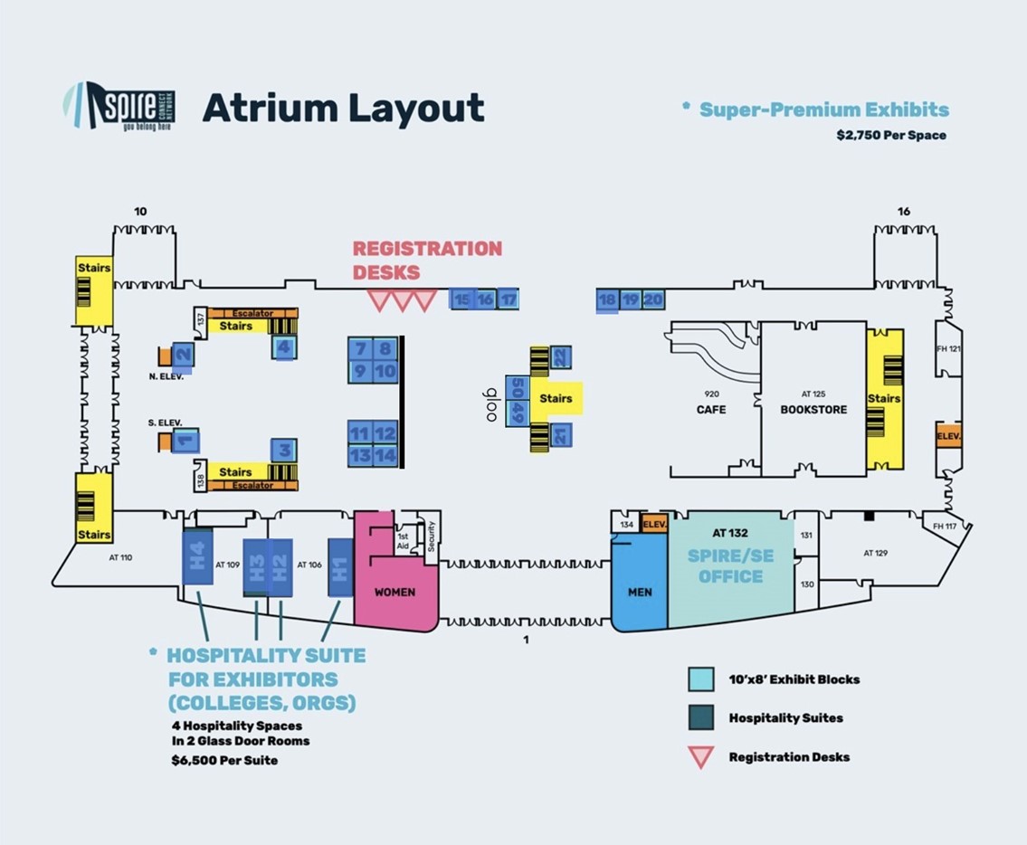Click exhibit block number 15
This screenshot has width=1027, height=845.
462,299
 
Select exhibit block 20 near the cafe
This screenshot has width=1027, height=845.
652,299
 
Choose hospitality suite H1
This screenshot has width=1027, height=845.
339,567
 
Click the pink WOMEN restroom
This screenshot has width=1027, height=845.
395,592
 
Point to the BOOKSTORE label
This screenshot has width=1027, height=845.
813,409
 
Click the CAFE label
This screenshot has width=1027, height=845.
711,409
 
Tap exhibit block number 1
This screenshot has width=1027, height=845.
185,441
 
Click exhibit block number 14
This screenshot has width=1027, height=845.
386,455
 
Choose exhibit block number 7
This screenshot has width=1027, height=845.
361,348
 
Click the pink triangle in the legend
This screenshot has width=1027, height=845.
701,756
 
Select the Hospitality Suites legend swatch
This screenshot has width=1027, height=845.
701,717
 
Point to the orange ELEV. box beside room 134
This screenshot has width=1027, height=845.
653,523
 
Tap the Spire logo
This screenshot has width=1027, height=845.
119,107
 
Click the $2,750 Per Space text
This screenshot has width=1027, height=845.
891,136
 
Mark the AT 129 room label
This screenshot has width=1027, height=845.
875,553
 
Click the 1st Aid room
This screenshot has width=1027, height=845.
403,539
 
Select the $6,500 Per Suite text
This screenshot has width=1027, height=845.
224,761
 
